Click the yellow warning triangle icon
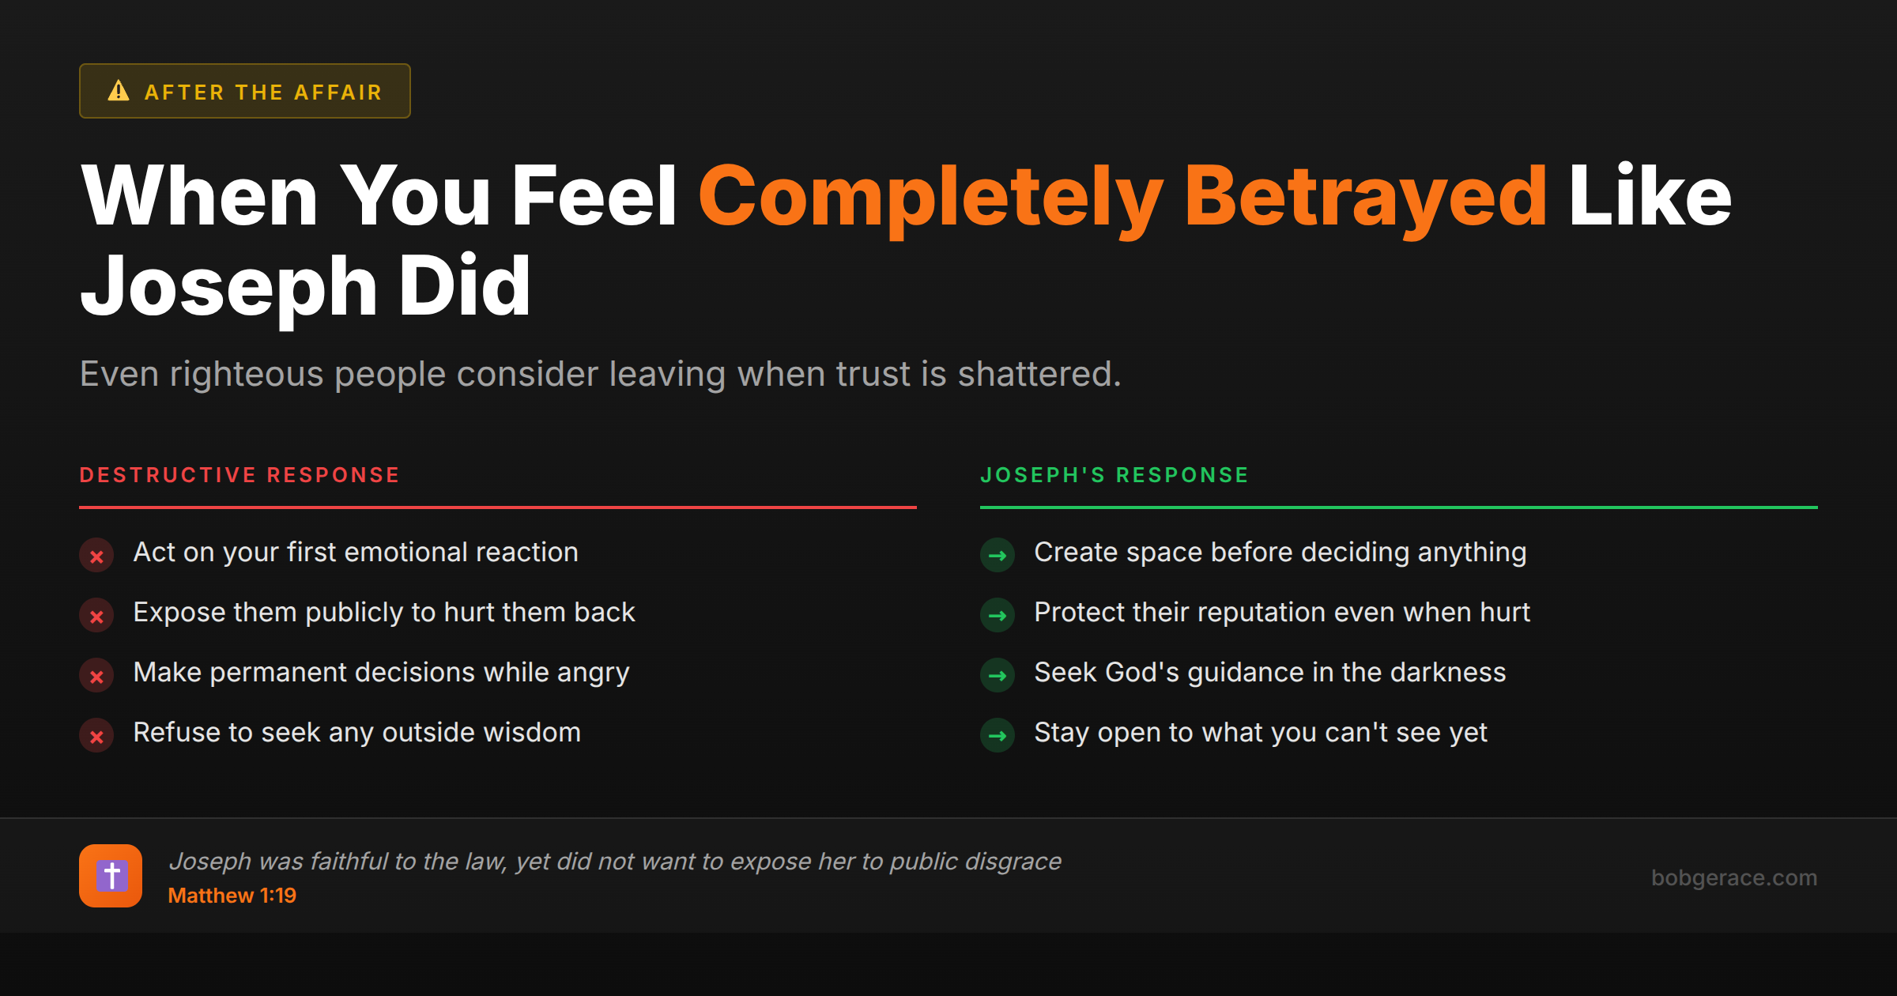click(x=119, y=91)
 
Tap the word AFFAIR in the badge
click(x=338, y=92)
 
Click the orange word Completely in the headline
click(x=930, y=198)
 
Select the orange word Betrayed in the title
click(x=1365, y=198)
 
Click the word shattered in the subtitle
click(x=1039, y=374)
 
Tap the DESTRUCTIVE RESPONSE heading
click(x=239, y=475)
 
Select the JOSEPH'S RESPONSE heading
click(x=1114, y=475)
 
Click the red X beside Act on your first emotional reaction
click(x=96, y=556)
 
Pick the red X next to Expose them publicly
click(x=96, y=616)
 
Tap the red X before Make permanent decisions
click(x=96, y=676)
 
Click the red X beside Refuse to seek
click(x=96, y=736)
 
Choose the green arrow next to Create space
click(x=998, y=556)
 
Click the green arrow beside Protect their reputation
click(x=998, y=616)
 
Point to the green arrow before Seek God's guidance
click(x=998, y=676)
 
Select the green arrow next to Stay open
click(x=998, y=736)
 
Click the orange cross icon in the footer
click(x=111, y=876)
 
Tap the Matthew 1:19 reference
click(x=232, y=896)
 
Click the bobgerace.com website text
click(x=1734, y=877)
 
